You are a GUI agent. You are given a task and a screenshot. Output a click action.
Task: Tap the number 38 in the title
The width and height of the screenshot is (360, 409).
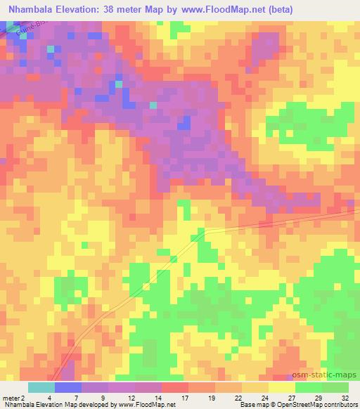coord(128,9)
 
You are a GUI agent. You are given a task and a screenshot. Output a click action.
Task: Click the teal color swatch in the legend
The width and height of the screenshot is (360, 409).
coord(41,387)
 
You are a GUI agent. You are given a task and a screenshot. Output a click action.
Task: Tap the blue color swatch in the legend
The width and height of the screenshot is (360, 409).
coord(68,387)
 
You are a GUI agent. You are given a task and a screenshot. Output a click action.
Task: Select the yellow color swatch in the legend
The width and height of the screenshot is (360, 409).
coord(282,387)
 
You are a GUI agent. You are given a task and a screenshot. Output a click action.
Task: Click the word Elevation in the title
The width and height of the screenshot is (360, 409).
coord(91,9)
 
